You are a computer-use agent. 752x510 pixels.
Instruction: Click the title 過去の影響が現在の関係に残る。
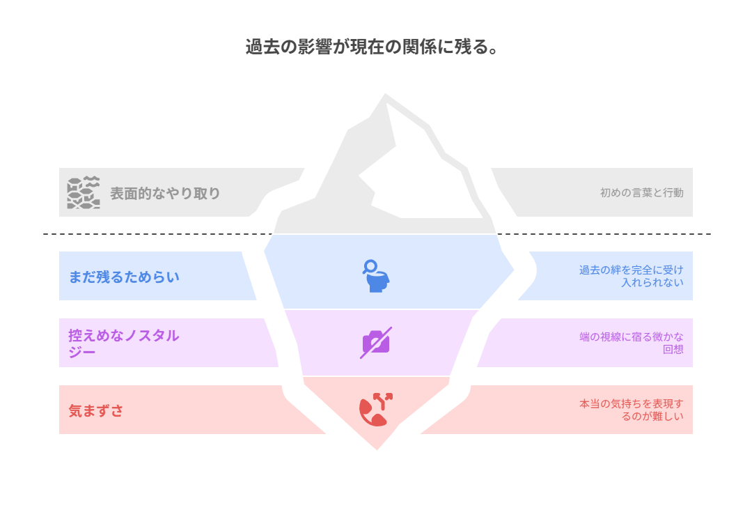coord(372,47)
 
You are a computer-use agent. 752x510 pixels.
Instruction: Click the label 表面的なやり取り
coord(165,194)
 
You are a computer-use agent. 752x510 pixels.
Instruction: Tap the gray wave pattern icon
coord(84,192)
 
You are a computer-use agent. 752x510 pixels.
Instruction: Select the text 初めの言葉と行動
coord(642,192)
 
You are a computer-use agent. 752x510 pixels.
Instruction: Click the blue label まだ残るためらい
coord(124,277)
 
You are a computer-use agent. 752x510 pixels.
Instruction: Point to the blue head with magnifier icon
coord(376,276)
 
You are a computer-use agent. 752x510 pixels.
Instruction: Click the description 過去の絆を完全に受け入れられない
coord(631,276)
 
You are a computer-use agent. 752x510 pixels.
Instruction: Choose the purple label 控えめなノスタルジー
coord(124,343)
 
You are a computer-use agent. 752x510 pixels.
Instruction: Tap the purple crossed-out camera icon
coord(376,343)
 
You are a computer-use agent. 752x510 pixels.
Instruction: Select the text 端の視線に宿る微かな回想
coord(631,343)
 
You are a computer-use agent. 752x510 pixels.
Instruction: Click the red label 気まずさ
coord(96,410)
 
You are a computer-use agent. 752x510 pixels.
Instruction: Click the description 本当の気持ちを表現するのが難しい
coord(631,410)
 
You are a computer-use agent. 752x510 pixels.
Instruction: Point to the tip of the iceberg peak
coord(385,94)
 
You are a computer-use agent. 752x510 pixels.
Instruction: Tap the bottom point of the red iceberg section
coord(377,449)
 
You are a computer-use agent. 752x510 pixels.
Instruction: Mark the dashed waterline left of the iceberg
coord(158,234)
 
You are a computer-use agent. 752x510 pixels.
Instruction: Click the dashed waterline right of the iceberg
coord(604,234)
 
